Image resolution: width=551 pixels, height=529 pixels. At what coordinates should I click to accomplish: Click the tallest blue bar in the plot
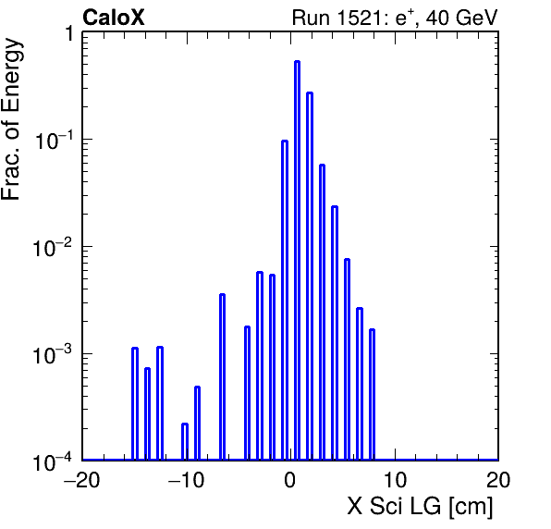coord(297,260)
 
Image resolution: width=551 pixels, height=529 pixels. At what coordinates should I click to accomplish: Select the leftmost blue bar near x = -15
coord(135,403)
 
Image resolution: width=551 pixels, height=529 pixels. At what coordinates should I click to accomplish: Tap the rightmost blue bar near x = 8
coord(373,394)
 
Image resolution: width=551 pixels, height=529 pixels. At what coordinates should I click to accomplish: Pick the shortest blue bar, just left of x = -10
coord(185,441)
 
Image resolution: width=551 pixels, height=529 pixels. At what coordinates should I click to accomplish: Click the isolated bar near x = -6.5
coord(222,376)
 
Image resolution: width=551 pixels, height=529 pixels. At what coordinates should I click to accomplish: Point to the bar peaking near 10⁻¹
coord(285,300)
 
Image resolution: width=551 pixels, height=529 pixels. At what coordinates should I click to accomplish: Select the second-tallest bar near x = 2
coord(310,276)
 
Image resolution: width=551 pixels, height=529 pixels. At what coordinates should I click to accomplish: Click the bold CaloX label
coord(113,18)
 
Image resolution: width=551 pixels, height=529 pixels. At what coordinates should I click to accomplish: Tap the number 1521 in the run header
coord(361,18)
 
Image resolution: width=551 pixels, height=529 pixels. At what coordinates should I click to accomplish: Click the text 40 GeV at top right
coord(461,18)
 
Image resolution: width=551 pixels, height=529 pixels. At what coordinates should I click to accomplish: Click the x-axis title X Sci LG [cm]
coord(421,507)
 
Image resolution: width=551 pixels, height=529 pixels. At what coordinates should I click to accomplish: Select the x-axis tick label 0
coord(290,479)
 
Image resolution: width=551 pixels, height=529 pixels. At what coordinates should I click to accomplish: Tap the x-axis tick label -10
coord(186,479)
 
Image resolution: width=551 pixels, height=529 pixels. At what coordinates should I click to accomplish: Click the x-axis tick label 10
coord(395,479)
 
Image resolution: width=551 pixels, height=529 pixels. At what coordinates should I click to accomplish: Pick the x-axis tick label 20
coord(498,479)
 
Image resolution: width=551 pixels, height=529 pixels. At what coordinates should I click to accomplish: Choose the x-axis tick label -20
coord(81,479)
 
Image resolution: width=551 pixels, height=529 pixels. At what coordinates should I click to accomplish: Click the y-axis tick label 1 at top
coord(69,34)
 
